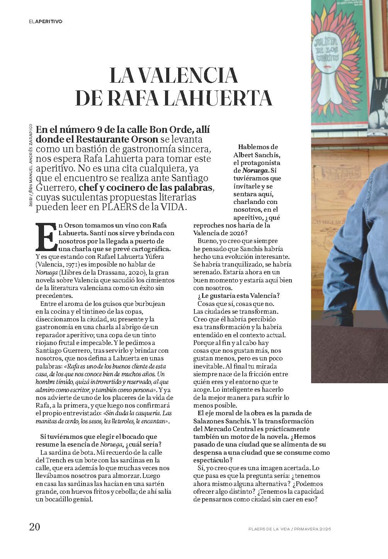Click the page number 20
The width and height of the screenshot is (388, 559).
click(35, 527)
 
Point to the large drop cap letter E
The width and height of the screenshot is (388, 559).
click(46, 236)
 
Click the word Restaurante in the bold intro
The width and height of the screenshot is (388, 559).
click(104, 139)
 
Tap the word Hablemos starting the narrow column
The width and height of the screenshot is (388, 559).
click(252, 147)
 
